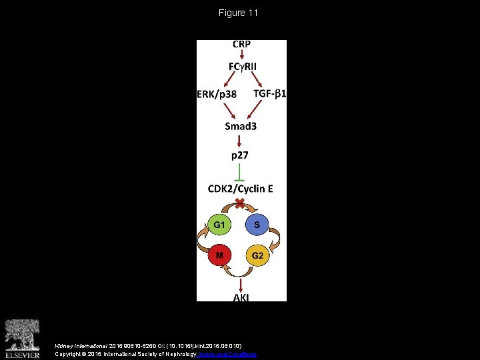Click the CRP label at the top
click(241, 45)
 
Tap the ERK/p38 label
click(217, 94)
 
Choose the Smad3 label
click(241, 125)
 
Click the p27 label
click(240, 155)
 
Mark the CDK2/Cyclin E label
click(241, 189)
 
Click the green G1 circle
click(219, 225)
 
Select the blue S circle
click(257, 225)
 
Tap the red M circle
click(219, 255)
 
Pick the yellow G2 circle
click(257, 255)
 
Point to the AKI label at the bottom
click(241, 297)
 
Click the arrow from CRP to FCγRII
click(241, 55)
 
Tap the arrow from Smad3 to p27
click(240, 140)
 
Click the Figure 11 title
click(238, 13)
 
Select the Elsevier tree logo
click(23, 336)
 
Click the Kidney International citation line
click(134, 346)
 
